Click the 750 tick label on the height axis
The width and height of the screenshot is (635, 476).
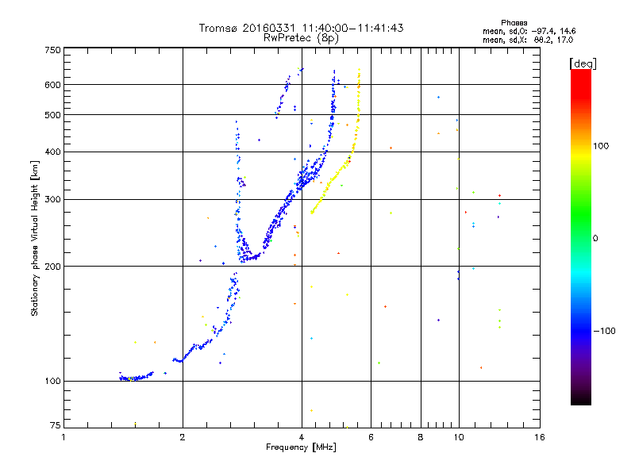[x=52, y=50]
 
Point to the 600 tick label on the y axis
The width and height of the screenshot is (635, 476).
[x=52, y=85]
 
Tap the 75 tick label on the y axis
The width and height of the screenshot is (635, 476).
[x=55, y=425]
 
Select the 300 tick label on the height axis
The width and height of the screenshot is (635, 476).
[x=52, y=199]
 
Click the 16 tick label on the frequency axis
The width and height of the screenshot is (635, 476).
[x=539, y=436]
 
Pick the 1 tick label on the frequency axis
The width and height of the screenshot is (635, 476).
[x=63, y=436]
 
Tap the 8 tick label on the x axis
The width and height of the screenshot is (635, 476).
[x=421, y=436]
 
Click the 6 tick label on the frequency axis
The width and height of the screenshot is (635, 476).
[x=371, y=436]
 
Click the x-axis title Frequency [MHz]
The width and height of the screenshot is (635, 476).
[x=302, y=448]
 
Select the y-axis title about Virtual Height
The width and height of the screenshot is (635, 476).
[x=35, y=238]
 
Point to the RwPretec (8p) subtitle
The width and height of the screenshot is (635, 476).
[x=302, y=37]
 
